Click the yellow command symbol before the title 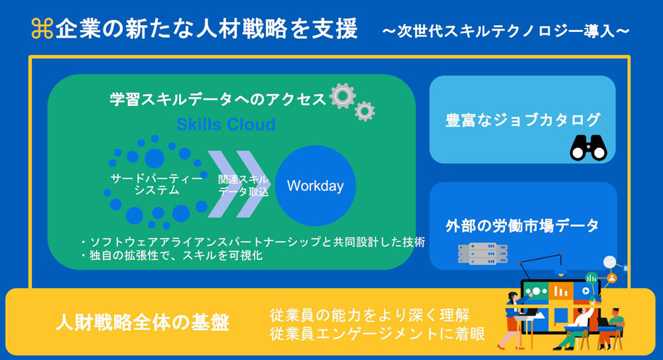pos(42,29)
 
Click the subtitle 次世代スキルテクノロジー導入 pos(506,31)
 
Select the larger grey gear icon pos(343,96)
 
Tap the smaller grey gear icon pos(365,111)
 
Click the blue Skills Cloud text pos(226,125)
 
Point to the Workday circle pos(316,186)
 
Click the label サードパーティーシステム pos(156,184)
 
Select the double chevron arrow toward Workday pos(237,184)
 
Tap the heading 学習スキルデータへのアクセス pos(217,99)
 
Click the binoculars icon pos(588,148)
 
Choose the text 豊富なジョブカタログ pos(523,120)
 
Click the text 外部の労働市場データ pos(522,226)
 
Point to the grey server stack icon pos(483,254)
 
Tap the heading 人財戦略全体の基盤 pos(143,322)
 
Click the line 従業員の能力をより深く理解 pos(370,315)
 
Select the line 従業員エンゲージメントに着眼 pos(377,333)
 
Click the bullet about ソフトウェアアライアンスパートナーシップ pos(253,242)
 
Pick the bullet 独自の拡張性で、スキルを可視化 pos(172,255)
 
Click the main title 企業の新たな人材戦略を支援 pos(207,29)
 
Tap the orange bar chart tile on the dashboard pos(561,291)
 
